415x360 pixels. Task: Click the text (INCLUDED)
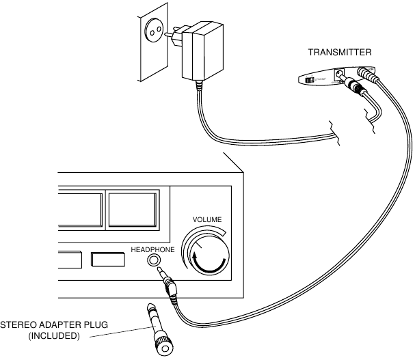pyautogui.click(x=54, y=335)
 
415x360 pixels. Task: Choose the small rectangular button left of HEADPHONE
pyautogui.click(x=107, y=260)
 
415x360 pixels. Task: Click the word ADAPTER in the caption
pyautogui.click(x=60, y=324)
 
